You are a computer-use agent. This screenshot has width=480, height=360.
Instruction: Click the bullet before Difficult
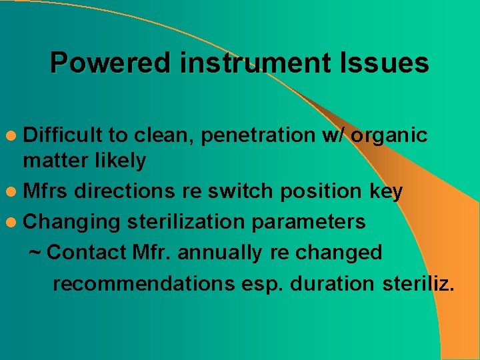point(13,136)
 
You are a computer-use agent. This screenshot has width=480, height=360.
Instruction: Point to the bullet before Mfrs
point(13,191)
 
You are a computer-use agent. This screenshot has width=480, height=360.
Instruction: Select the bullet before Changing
point(13,221)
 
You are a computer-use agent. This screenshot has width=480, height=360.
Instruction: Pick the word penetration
point(257,135)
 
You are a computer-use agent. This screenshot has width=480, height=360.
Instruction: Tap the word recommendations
point(141,283)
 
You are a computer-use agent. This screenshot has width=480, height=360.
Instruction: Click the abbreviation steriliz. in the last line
point(419,283)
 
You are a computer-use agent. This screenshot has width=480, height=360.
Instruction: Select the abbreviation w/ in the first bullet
point(331,135)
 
